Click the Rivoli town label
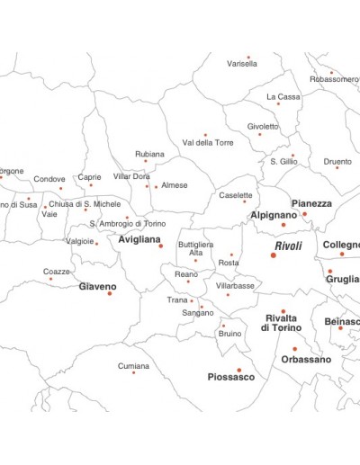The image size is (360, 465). (288, 246)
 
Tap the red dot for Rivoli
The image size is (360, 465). (274, 255)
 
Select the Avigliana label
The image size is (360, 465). (139, 240)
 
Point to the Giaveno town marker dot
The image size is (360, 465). (111, 293)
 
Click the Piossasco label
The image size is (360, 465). (231, 377)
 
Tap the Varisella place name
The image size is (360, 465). (242, 65)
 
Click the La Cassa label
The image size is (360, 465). (283, 96)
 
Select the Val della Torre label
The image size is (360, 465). (208, 143)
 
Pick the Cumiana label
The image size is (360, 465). (134, 366)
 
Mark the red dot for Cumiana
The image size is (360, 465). (134, 372)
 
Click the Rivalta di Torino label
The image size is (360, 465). (283, 323)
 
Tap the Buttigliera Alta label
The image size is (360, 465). (195, 248)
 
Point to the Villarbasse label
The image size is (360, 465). (235, 285)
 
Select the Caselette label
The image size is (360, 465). (236, 194)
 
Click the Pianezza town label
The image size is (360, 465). (311, 204)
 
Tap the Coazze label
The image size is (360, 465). (57, 271)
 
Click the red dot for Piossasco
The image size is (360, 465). (239, 370)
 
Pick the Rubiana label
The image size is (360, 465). (149, 154)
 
